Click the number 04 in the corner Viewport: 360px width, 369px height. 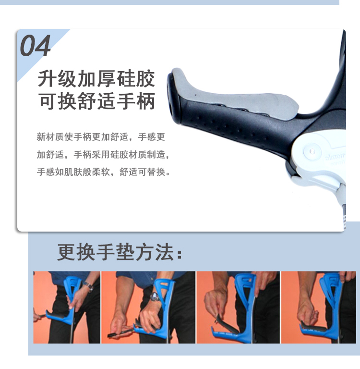tap(35, 46)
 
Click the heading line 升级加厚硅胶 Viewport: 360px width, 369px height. tap(96, 78)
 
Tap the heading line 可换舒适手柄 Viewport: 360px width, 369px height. tap(96, 101)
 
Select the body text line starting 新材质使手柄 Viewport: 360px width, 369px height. tap(101, 137)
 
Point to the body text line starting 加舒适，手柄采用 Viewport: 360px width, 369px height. tap(103, 155)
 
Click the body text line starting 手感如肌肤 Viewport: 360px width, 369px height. tap(104, 172)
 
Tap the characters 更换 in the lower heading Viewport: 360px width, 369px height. tap(76, 252)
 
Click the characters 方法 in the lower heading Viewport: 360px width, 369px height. tap(155, 252)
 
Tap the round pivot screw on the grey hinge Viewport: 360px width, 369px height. tap(312, 151)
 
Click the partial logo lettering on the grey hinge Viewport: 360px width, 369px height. tap(335, 158)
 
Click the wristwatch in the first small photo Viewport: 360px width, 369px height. tap(88, 286)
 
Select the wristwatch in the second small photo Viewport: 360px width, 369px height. tap(155, 297)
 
